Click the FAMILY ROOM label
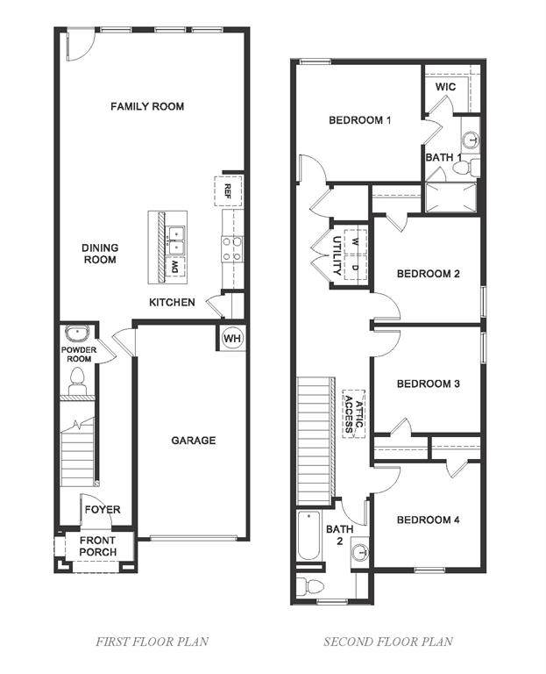(147, 106)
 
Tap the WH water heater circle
(231, 338)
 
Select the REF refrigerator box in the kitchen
(228, 190)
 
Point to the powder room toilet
(76, 380)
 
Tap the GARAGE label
(193, 441)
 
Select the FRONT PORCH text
(97, 547)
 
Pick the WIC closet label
(445, 88)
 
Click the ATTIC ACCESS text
(352, 412)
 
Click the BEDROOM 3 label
(428, 384)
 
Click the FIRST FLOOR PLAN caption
(152, 642)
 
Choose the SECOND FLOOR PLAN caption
(388, 642)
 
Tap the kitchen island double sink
(177, 233)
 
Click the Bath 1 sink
(471, 139)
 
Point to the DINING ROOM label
(100, 254)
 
